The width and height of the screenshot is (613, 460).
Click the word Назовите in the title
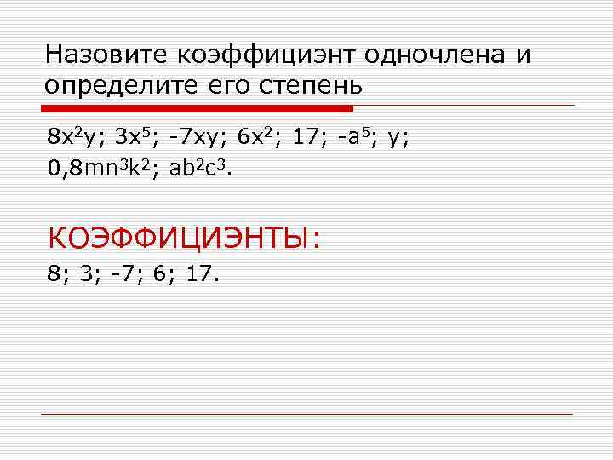pyautogui.click(x=107, y=55)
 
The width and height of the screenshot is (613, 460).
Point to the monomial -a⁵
pyautogui.click(x=356, y=136)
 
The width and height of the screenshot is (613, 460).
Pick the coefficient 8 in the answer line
pyautogui.click(x=55, y=274)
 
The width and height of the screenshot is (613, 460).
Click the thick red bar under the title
pyautogui.click(x=198, y=109)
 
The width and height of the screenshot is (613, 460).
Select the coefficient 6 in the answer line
pyautogui.click(x=161, y=274)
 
